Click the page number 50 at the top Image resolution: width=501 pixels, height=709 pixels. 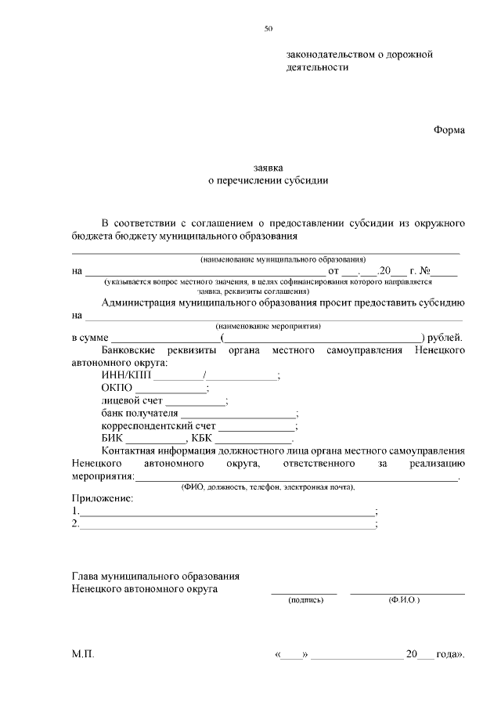coord(268,29)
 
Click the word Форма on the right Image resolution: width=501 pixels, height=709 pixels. coord(449,130)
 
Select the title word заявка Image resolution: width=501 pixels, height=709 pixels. coord(268,168)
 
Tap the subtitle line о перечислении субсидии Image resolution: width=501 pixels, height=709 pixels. coord(268,180)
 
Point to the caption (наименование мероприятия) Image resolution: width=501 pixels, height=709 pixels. coord(269,326)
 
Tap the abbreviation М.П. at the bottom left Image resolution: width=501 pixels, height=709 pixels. coord(82,653)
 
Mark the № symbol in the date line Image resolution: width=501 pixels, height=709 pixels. coord(428,271)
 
